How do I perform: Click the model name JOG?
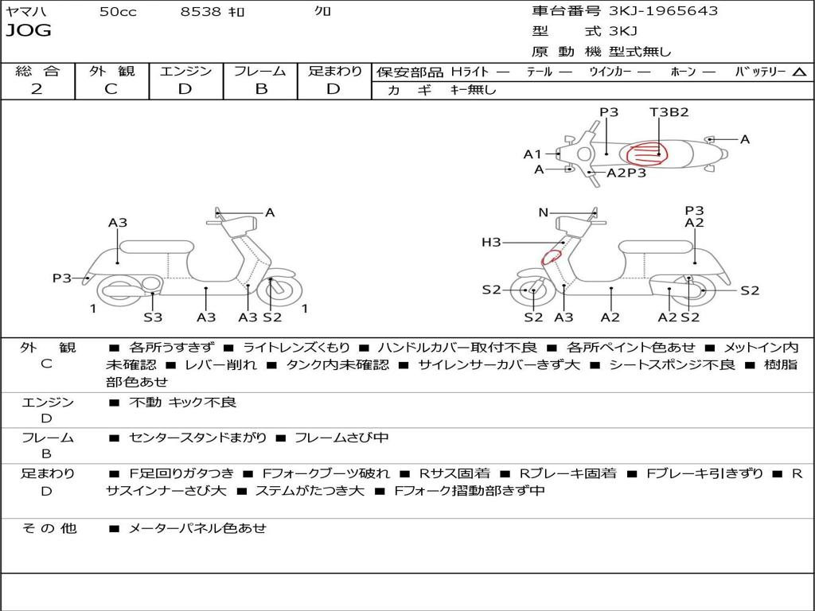29,30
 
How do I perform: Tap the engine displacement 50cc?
118,11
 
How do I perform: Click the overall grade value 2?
37,89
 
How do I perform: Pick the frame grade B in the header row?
261,89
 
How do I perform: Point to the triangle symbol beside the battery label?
799,72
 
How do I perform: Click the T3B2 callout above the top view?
669,111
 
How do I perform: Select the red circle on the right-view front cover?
551,257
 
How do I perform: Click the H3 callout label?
491,242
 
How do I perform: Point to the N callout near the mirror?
543,212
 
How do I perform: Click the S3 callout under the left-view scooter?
153,317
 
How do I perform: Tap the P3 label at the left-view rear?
62,278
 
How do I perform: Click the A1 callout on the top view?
532,154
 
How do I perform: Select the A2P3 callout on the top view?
626,173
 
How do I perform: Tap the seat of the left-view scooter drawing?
157,247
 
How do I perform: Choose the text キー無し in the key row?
473,90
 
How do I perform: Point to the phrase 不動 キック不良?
182,402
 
